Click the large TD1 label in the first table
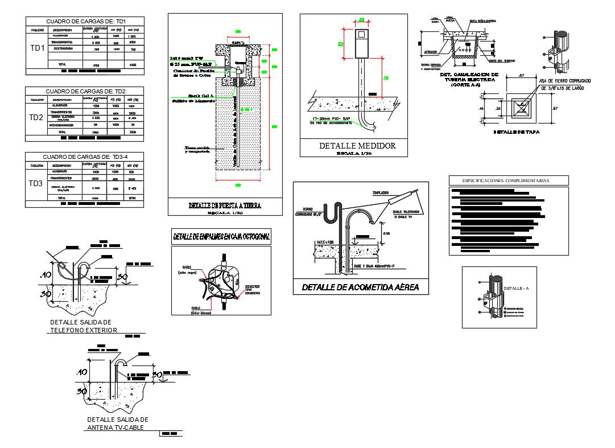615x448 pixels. coord(38,48)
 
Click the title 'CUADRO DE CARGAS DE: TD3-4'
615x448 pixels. coord(85,157)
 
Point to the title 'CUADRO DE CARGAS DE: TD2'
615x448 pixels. coord(85,91)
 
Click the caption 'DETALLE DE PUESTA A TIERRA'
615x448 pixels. coord(225,205)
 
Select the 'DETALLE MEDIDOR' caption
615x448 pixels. coord(357,146)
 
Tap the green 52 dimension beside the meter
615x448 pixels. coord(340,43)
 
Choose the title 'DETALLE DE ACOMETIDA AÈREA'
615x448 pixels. coord(361,287)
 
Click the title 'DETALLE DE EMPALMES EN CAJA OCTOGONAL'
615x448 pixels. coord(221,236)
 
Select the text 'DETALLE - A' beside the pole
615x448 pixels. coord(516,289)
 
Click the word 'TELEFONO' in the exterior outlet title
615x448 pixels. coord(67,330)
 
